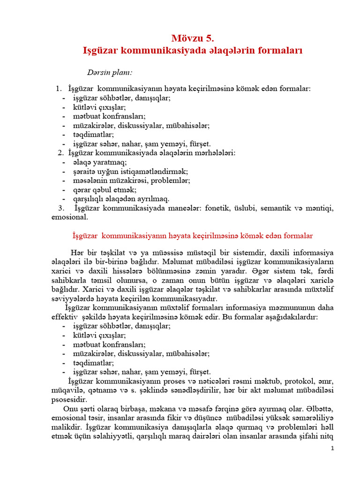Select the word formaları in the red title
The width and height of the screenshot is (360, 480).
coord(276,51)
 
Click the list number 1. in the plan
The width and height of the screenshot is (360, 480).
coord(59,88)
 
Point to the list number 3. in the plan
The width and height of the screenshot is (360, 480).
coord(61,208)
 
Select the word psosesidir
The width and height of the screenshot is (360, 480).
coord(69,400)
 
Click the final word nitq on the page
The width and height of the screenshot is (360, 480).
coord(326,436)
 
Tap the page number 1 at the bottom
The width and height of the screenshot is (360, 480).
coord(332,449)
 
